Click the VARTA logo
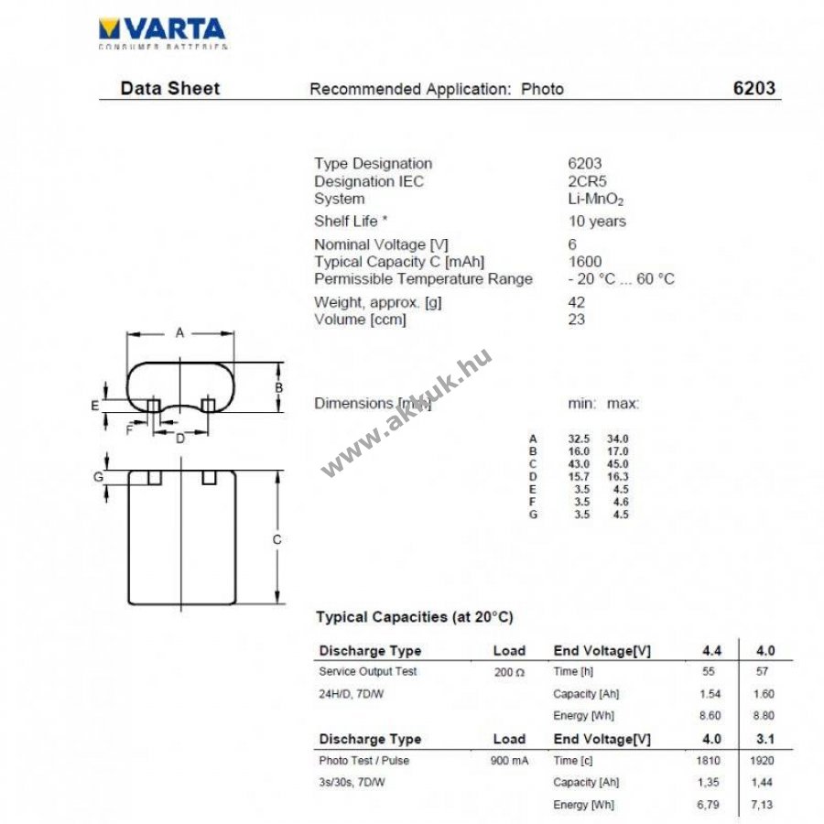tap(162, 28)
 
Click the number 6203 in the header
tap(754, 89)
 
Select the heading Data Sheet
tap(170, 89)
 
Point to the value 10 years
tap(597, 221)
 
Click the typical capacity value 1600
tap(585, 262)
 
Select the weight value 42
tap(577, 302)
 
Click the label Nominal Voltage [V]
tap(370, 244)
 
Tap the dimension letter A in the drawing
tap(155, 333)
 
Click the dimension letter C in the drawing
tap(276, 540)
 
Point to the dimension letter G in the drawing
tap(97, 477)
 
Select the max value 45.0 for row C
tap(618, 464)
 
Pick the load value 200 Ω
tap(508, 672)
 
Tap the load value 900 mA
tap(508, 761)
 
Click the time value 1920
tap(762, 761)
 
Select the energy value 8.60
tap(710, 716)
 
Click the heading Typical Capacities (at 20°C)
tap(414, 617)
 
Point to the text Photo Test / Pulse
tap(363, 761)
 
